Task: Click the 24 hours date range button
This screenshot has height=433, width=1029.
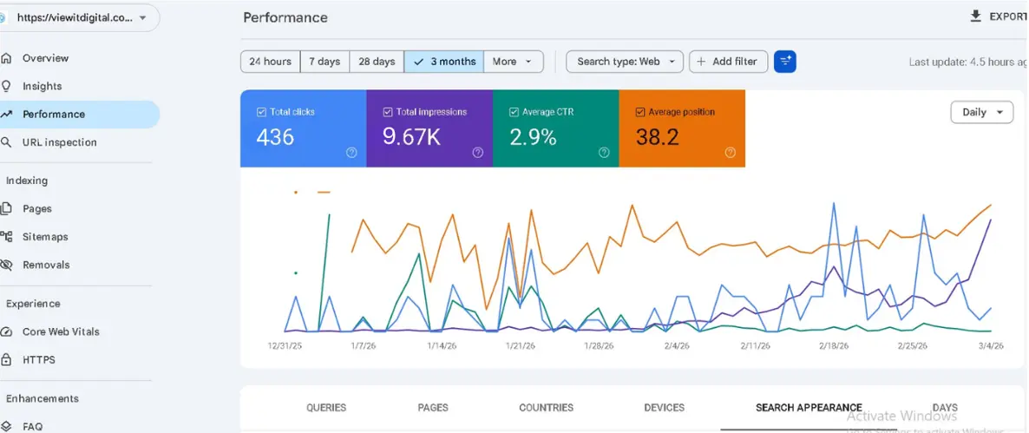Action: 270,62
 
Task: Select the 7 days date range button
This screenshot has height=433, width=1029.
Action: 324,62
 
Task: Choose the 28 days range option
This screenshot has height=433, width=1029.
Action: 377,62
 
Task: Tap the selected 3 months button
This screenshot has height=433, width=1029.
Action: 444,62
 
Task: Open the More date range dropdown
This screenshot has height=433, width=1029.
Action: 514,62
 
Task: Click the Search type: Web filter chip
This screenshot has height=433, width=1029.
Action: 625,62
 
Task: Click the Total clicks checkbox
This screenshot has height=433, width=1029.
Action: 262,112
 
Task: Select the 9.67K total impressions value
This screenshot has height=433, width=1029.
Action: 410,137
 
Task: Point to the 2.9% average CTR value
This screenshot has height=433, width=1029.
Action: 533,137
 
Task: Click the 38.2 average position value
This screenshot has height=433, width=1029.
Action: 657,137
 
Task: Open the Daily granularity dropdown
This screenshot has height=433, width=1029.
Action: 981,112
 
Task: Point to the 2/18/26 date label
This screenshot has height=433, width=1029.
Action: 834,345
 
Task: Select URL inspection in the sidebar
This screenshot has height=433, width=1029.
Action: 59,142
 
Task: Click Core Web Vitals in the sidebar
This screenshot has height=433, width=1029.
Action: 61,331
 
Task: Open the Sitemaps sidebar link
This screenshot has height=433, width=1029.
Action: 45,237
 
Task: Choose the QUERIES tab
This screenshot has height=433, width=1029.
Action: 326,408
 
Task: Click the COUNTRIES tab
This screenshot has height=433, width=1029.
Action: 546,408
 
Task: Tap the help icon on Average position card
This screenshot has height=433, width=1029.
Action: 730,153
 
